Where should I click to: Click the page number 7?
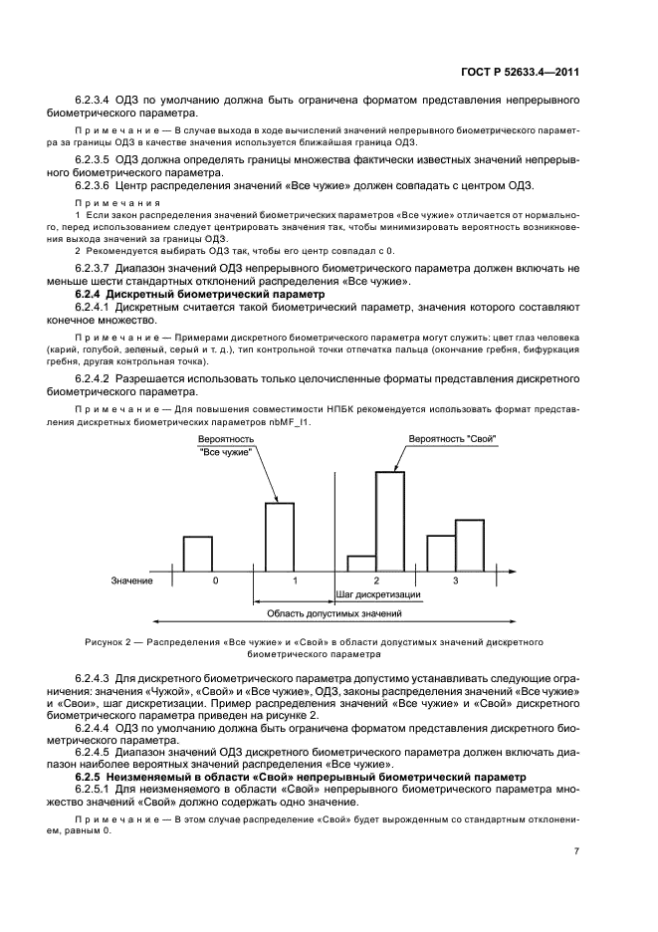[x=576, y=850]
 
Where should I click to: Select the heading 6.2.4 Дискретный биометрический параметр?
[x=200, y=296]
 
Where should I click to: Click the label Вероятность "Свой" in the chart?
[x=452, y=439]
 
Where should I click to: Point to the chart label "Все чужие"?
[x=225, y=452]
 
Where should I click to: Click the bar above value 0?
[x=197, y=553]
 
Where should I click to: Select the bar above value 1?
[x=279, y=536]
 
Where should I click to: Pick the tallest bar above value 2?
[x=389, y=519]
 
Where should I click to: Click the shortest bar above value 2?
[x=360, y=563]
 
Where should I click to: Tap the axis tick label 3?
[x=456, y=580]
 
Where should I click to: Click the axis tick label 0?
[x=215, y=580]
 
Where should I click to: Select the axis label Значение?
[x=131, y=581]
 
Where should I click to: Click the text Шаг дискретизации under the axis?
[x=377, y=594]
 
